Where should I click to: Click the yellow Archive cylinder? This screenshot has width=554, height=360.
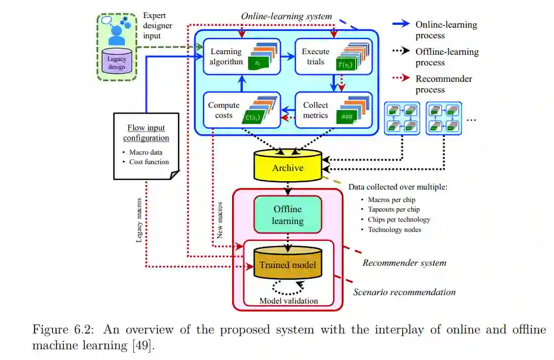(288, 167)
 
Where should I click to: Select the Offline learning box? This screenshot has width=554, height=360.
(288, 214)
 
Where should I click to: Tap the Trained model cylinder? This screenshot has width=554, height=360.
(287, 264)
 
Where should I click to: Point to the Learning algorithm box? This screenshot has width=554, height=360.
(242, 56)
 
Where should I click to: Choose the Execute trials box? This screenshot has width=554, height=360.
(333, 56)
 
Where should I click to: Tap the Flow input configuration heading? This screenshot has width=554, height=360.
(147, 133)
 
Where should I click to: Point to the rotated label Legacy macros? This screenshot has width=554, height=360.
(139, 221)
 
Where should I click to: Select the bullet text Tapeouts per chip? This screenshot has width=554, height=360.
(395, 209)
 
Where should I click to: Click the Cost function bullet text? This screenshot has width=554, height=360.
(149, 162)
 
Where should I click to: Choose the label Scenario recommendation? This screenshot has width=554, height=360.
(404, 292)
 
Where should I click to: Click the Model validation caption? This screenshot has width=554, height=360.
(288, 301)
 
